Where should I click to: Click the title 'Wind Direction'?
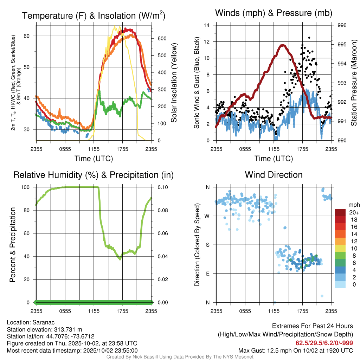274,175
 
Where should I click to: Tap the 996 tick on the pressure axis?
342,25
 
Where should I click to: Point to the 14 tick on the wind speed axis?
207,25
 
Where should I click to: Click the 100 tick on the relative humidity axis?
27,187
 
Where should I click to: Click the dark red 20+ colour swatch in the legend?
340,212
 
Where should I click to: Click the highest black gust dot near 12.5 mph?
309,38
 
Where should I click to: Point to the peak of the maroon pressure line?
282,45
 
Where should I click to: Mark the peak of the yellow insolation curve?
115,26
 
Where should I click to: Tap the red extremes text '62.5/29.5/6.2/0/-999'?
324,343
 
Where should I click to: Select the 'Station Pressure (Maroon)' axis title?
354,83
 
